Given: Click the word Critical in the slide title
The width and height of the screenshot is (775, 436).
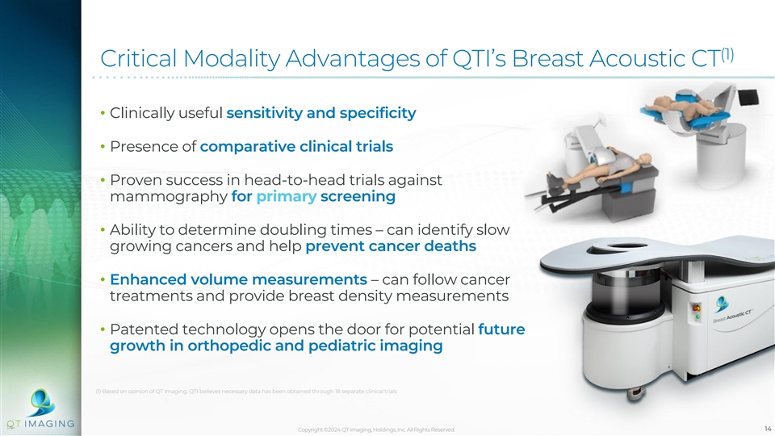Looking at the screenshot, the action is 138,58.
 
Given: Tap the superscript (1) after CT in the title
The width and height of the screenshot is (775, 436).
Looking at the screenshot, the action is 727,54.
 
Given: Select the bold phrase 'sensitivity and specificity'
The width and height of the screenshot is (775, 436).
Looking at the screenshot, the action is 321,113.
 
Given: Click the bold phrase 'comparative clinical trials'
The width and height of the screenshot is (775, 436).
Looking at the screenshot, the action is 296,146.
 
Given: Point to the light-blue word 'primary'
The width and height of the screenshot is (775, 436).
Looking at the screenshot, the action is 286,197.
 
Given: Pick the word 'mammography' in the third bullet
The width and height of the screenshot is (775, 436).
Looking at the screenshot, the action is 169,197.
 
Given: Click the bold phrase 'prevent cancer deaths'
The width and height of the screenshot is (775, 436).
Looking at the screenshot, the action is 391,246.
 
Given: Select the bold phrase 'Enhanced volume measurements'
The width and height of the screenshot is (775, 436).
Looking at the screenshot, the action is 238,279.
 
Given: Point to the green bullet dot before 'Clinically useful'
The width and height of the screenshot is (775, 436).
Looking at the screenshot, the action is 103,113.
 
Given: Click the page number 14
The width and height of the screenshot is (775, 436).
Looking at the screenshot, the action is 768,429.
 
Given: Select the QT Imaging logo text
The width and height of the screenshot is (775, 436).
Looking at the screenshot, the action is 40,424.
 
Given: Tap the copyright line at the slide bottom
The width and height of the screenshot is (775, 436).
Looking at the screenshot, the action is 376,430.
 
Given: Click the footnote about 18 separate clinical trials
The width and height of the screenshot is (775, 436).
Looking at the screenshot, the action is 246,392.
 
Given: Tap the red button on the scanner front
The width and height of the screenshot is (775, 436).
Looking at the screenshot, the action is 697,308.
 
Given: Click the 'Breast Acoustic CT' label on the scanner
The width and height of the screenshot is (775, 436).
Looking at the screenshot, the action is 733,317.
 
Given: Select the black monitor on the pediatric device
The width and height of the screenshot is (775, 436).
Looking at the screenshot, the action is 748,96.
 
